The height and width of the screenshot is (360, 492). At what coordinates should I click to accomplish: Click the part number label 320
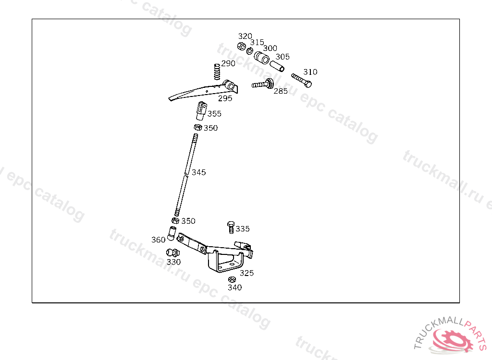pos(245,36)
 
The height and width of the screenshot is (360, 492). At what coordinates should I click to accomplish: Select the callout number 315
pos(257,42)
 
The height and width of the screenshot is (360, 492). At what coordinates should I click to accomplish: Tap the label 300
pos(270,48)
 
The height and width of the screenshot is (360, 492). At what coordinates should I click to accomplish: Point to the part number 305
pos(283,57)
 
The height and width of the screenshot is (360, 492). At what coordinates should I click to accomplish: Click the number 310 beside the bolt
pos(310,72)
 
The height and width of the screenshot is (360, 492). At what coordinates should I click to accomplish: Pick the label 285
pos(281,91)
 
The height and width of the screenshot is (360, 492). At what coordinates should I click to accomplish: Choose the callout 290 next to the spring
pos(228,63)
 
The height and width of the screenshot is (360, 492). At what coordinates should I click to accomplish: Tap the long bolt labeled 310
pos(301,80)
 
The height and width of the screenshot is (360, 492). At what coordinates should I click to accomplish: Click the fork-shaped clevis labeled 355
pos(201,110)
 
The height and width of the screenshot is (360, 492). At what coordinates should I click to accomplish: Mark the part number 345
pos(198,172)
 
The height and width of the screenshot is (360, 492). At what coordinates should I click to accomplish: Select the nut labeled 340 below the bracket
pos(232,279)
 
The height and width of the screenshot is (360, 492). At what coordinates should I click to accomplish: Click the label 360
pos(158,240)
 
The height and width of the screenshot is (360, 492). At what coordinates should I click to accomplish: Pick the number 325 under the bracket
pos(246,273)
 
